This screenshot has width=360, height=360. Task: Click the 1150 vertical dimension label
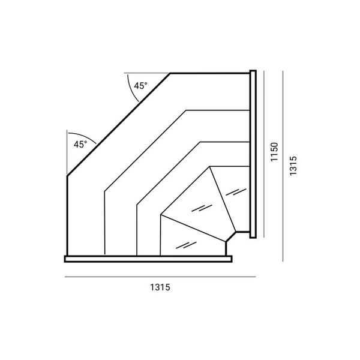tap(274, 152)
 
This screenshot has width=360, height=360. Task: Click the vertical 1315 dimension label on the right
tap(293, 166)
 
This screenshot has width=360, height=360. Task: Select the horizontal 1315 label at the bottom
tap(160, 287)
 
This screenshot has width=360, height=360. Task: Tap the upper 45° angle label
tap(140, 86)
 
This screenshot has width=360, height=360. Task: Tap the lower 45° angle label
tap(80, 145)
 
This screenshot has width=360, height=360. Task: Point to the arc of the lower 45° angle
tap(84, 136)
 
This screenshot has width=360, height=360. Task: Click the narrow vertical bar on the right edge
tap(253, 154)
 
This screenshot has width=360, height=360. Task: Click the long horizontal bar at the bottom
tap(148, 259)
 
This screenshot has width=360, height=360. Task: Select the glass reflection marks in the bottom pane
tap(186, 245)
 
